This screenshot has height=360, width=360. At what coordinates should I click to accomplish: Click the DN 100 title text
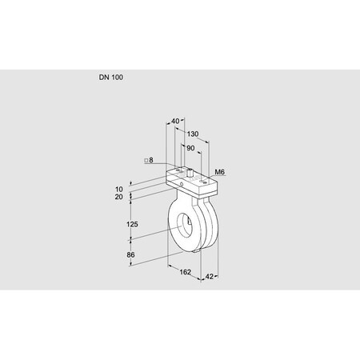111,78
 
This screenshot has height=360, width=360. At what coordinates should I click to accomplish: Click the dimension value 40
175,122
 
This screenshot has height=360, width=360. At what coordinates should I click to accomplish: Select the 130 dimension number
194,134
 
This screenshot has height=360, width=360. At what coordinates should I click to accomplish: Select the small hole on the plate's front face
181,185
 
